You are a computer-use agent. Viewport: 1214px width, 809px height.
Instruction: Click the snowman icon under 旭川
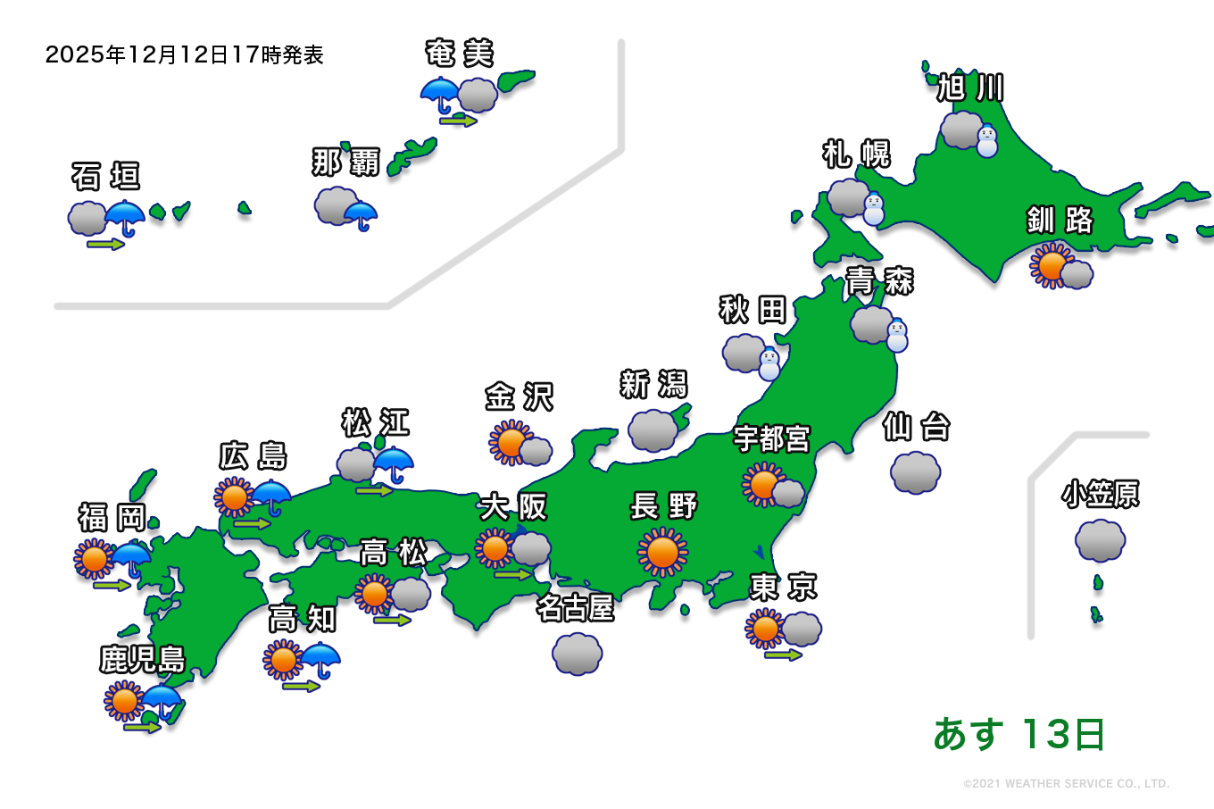pyautogui.click(x=986, y=142)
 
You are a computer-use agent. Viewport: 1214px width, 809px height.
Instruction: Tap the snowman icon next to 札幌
pyautogui.click(x=873, y=210)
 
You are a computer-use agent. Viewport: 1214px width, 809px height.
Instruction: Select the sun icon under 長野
pyautogui.click(x=662, y=552)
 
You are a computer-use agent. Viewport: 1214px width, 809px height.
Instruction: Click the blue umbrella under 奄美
pyautogui.click(x=440, y=94)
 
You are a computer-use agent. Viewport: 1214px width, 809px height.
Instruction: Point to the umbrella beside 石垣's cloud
pyautogui.click(x=125, y=217)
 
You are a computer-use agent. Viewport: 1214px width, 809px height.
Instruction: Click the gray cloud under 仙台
pyautogui.click(x=915, y=472)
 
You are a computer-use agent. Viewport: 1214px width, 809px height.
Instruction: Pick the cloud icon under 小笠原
pyautogui.click(x=1100, y=540)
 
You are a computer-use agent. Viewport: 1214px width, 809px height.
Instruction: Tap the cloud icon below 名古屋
pyautogui.click(x=578, y=655)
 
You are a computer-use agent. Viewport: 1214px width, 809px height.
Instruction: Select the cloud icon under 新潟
pyautogui.click(x=653, y=430)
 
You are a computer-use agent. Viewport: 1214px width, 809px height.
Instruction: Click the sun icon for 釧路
pyautogui.click(x=1051, y=265)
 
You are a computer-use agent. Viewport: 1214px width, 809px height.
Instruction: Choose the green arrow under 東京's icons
pyautogui.click(x=783, y=655)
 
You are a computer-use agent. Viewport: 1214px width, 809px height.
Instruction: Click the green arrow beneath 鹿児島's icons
pyautogui.click(x=142, y=728)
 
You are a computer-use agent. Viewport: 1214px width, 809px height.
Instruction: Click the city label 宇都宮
pyautogui.click(x=771, y=439)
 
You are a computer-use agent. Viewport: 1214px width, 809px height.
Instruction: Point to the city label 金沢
pyautogui.click(x=519, y=396)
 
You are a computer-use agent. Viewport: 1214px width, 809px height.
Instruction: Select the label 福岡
pyautogui.click(x=112, y=517)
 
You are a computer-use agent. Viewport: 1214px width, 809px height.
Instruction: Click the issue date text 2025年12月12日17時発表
pyautogui.click(x=184, y=54)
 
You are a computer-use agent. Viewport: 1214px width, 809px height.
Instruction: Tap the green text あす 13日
pyautogui.click(x=1019, y=735)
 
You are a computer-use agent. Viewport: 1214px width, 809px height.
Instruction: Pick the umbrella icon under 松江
pyautogui.click(x=393, y=463)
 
